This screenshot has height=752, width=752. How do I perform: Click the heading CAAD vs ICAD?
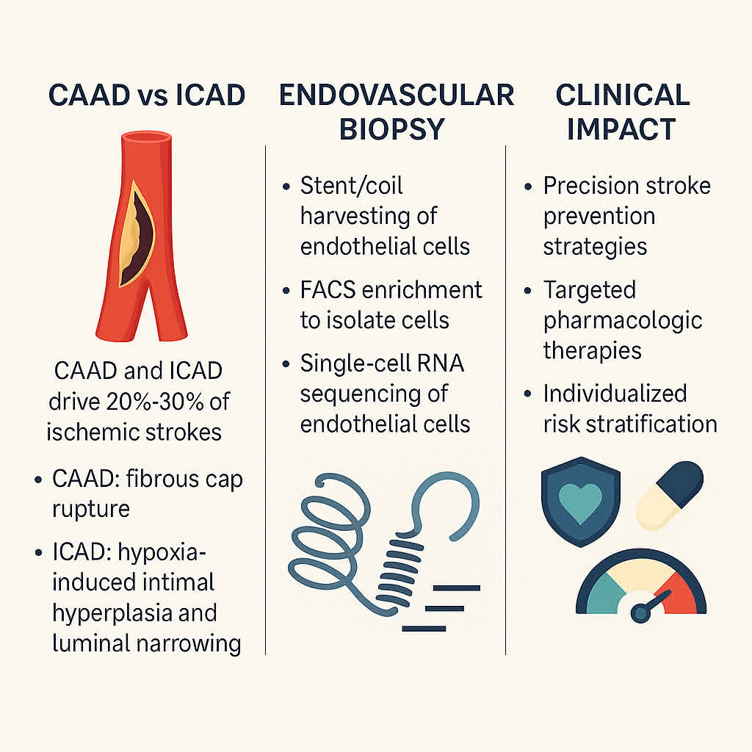pos(147,95)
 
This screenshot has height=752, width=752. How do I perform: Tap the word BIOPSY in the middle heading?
pos(392,129)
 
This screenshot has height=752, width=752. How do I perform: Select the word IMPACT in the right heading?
pos(621,129)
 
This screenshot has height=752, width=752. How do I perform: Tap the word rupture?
pos(90,509)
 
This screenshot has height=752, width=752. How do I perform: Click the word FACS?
pos(328,290)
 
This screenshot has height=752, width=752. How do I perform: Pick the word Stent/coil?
pos(351,186)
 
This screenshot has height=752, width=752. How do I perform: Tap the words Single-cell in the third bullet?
pos(354,364)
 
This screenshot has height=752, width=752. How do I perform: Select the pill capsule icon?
pos(670,495)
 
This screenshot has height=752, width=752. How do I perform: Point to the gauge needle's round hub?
pos(640,612)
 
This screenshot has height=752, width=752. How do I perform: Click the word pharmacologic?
pos(623,321)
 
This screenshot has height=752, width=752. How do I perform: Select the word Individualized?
pos(615,394)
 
